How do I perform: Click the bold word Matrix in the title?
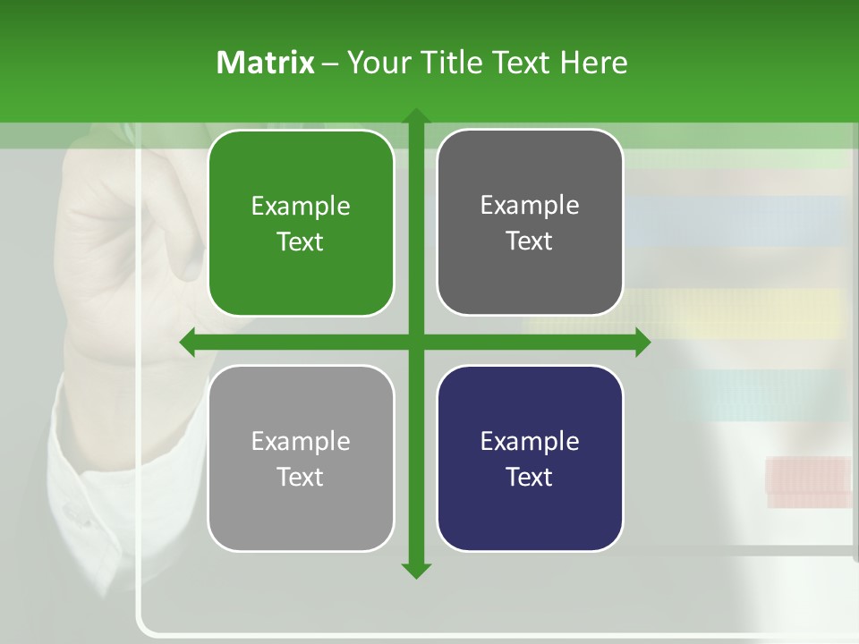265,63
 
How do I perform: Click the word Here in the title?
594,63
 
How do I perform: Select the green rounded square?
301,224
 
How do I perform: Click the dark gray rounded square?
530,223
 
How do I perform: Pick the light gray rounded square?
301,459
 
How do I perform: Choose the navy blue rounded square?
530,459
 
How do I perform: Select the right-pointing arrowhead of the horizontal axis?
642,343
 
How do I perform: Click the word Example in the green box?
301,207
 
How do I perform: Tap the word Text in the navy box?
530,477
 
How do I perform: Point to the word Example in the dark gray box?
530,206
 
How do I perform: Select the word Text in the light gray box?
301,477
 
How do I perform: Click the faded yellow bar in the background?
743,313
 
